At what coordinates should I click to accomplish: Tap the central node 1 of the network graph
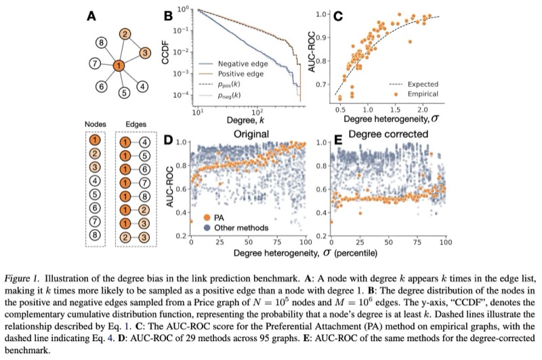[119, 66]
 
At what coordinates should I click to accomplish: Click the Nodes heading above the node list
[95, 125]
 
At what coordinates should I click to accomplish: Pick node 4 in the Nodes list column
[95, 181]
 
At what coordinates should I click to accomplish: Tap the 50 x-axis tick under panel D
[249, 241]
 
